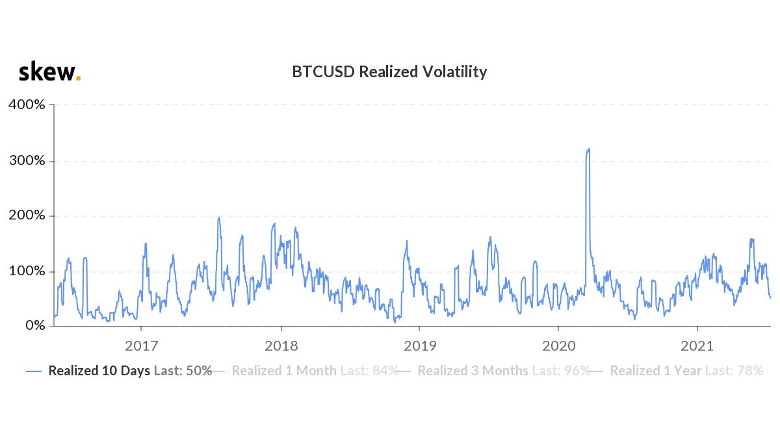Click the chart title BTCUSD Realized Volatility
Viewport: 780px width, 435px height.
[389, 71]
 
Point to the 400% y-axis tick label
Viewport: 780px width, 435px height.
[27, 105]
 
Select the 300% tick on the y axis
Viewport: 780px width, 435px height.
[27, 160]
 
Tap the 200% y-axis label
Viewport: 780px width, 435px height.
[27, 216]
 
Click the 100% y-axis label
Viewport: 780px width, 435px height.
[27, 271]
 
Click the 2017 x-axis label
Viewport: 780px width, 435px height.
[142, 345]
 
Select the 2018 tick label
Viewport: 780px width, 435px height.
[281, 345]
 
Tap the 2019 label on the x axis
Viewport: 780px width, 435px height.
[420, 345]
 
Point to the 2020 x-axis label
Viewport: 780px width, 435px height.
[558, 345]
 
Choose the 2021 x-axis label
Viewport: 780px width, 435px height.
[697, 345]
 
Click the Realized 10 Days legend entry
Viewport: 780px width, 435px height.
[120, 371]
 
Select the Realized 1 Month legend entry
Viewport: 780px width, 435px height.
[305, 371]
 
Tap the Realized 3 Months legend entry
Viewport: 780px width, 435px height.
[494, 371]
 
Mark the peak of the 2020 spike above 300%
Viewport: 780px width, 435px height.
[588, 149]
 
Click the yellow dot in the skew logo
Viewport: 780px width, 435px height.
[79, 78]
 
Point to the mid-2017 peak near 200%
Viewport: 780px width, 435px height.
[219, 217]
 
